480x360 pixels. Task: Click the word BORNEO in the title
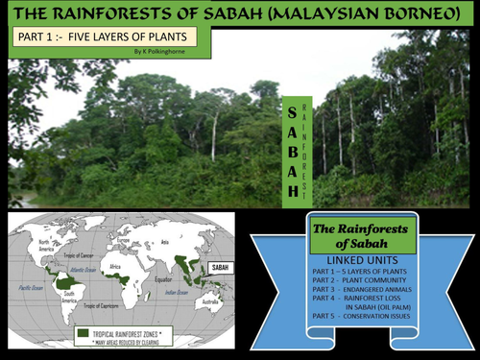tap(428, 12)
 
